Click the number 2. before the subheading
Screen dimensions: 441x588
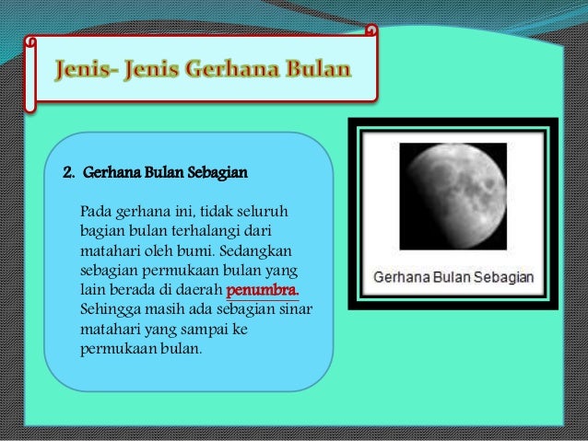(x=68, y=172)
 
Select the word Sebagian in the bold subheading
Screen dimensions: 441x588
(x=217, y=172)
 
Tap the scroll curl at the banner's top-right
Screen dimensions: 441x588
(x=371, y=31)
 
